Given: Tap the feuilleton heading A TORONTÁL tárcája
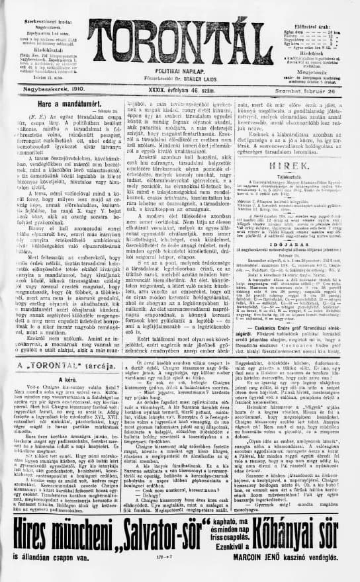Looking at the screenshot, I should [x=54, y=382].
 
